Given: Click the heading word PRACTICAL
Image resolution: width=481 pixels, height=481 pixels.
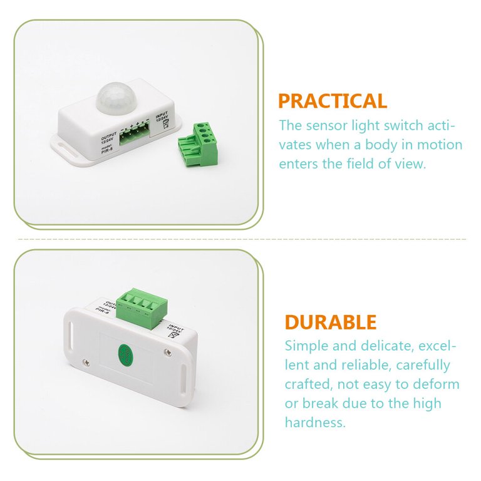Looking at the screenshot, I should (x=332, y=101).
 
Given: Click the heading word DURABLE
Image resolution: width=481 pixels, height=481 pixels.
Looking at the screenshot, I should (x=330, y=323).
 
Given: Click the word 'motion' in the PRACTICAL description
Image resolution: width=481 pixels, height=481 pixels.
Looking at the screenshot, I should (x=438, y=145).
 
